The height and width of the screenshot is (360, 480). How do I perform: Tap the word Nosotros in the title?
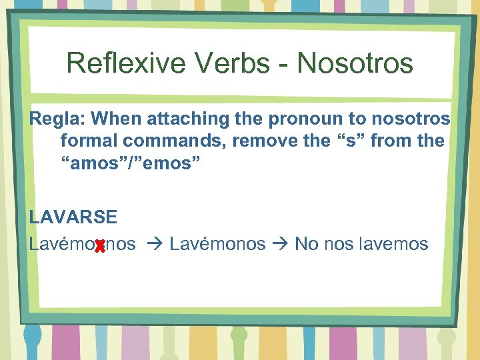[x=355, y=64]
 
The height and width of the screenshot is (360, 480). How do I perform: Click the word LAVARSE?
[x=73, y=217]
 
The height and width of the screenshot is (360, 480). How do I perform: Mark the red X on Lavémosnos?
[x=100, y=247]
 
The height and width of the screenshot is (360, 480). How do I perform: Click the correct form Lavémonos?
[x=217, y=244]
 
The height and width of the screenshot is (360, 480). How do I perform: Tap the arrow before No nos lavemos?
[x=280, y=245]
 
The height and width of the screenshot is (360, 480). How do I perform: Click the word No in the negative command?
[x=306, y=244]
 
